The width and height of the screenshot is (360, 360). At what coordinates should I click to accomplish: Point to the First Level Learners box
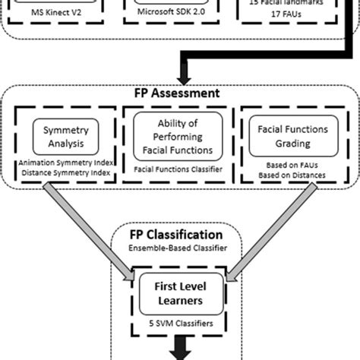point(178,289)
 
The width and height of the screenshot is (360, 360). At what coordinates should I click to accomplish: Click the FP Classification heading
point(178,235)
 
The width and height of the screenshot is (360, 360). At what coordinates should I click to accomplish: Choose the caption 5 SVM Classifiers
point(178,321)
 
